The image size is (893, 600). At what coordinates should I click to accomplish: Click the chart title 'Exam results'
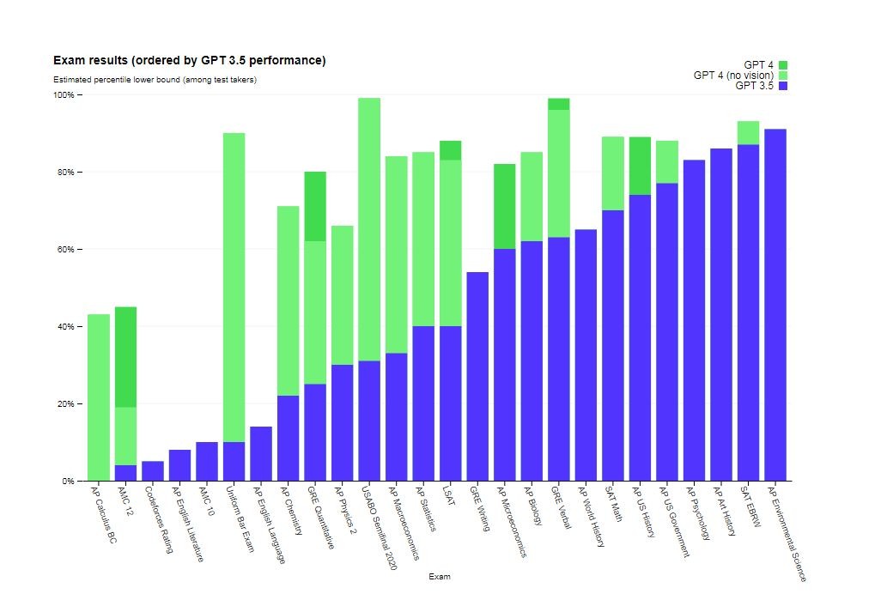tap(189, 61)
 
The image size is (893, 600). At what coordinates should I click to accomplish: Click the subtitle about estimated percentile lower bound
tap(155, 80)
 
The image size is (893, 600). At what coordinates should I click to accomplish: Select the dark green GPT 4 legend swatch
tap(782, 65)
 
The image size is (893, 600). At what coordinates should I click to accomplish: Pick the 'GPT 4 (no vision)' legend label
tap(733, 76)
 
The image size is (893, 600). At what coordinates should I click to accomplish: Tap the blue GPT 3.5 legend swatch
tap(782, 86)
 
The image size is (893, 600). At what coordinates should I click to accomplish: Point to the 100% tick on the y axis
tap(65, 95)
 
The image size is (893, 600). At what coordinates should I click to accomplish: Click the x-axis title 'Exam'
tap(439, 577)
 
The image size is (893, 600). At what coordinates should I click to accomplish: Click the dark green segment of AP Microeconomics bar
tap(505, 206)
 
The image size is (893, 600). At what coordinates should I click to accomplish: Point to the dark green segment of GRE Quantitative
tap(315, 206)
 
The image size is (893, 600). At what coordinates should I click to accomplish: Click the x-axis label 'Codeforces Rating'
tap(160, 520)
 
